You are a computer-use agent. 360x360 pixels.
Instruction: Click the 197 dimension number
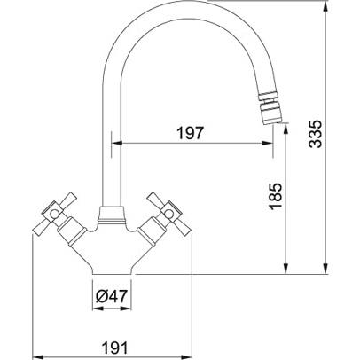pyautogui.click(x=191, y=133)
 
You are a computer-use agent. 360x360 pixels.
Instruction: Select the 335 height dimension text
pyautogui.click(x=315, y=134)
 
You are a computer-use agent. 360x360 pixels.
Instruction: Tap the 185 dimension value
pyautogui.click(x=276, y=196)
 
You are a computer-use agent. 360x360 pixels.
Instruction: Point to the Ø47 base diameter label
pyautogui.click(x=112, y=296)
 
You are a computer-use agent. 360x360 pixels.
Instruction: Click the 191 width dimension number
pyautogui.click(x=115, y=348)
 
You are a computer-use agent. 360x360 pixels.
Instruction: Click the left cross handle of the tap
pyautogui.click(x=54, y=214)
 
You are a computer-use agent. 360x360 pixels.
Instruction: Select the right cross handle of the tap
pyautogui.click(x=169, y=214)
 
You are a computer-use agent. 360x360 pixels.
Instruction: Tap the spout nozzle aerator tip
pyautogui.click(x=270, y=108)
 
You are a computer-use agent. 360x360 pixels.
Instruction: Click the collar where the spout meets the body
pyautogui.click(x=111, y=215)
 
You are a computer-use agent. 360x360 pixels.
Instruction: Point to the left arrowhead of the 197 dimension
pyautogui.click(x=116, y=144)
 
